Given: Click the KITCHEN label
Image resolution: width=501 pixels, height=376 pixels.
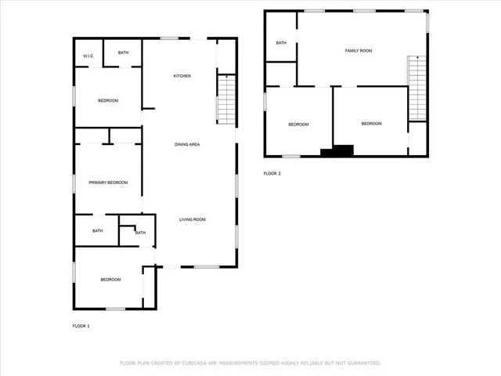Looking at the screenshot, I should click(x=182, y=75).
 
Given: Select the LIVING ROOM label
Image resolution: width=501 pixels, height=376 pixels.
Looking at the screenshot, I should click(x=193, y=219).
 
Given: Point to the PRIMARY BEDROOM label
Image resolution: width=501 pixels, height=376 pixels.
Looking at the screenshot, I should click(x=108, y=183).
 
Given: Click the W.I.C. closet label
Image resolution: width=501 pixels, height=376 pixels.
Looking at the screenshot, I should click(x=88, y=55).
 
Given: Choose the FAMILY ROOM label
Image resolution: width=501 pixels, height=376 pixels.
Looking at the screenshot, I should click(x=359, y=50).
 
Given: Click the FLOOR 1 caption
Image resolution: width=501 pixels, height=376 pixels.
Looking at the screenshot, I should click(x=81, y=325).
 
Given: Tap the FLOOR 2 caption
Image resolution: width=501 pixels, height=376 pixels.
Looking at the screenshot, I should click(x=272, y=172).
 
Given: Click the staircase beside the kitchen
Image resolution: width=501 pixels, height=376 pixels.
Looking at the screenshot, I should click(x=225, y=99).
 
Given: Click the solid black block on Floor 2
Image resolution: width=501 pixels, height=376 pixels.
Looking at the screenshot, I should click(x=343, y=150).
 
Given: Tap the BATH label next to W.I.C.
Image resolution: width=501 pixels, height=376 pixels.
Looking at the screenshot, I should click(x=123, y=52).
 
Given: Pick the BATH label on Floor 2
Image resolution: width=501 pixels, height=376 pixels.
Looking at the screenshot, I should click(x=281, y=43).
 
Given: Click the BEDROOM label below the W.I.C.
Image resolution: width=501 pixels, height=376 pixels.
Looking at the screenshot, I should click(x=108, y=100).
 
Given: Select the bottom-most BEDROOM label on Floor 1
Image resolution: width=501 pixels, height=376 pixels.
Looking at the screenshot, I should click(x=110, y=280).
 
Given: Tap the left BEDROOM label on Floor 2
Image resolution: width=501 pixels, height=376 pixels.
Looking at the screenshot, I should click(x=298, y=125).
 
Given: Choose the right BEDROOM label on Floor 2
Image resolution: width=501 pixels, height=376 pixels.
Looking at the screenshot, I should click(x=371, y=124).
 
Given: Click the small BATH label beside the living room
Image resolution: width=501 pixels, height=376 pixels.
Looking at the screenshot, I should click(x=140, y=233).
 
